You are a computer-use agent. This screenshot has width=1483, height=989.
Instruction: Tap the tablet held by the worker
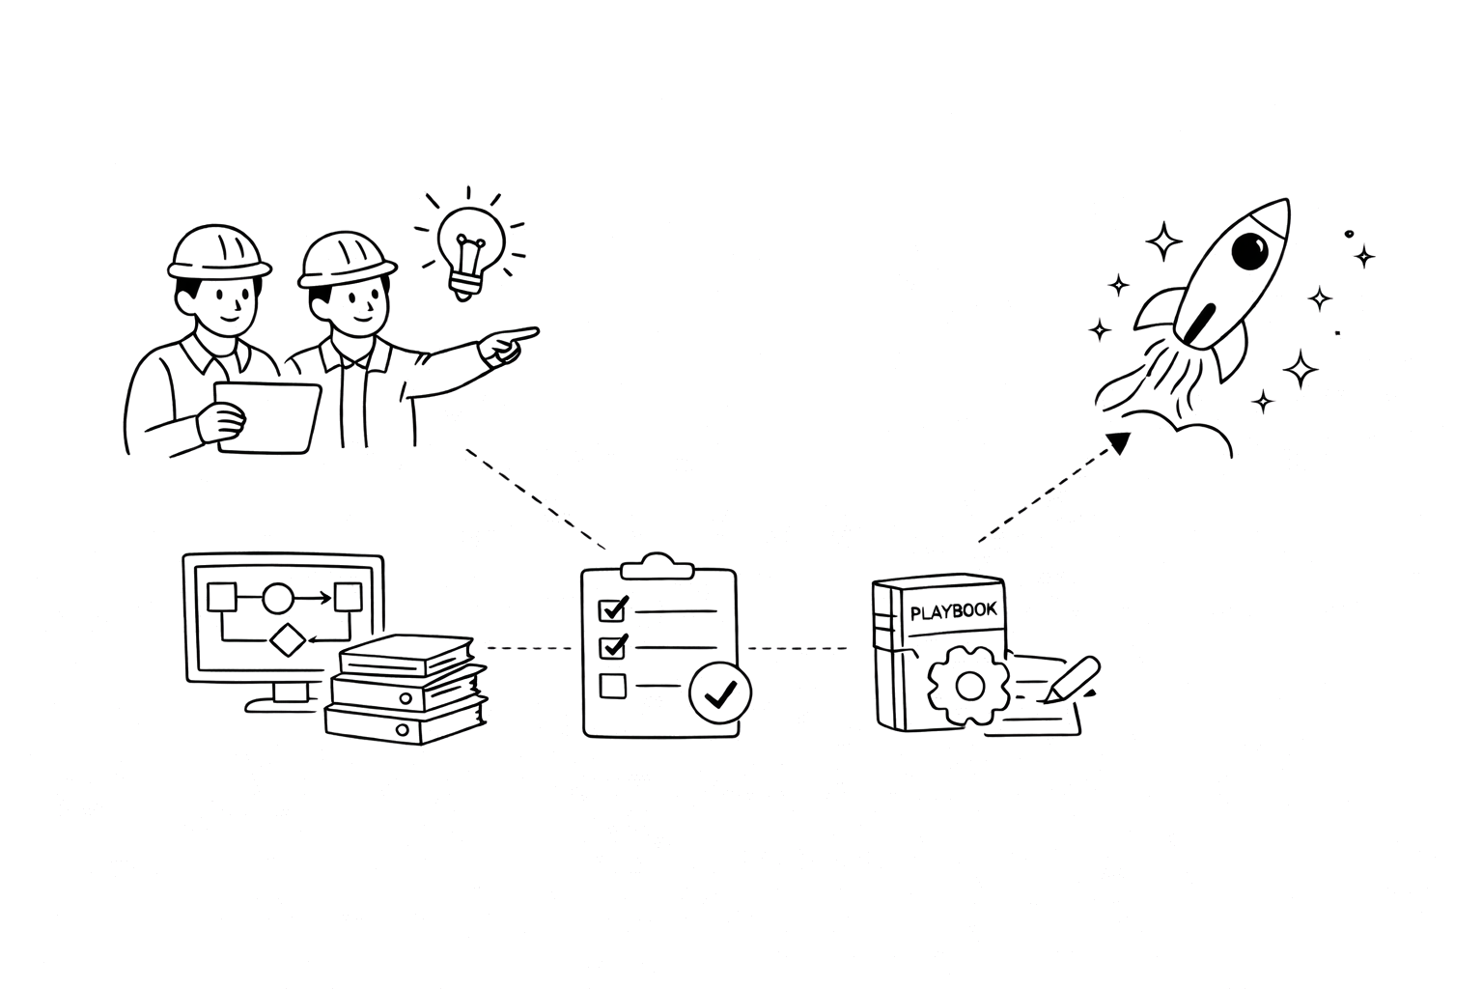tap(269, 416)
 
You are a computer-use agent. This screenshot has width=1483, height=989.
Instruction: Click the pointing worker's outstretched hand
tap(508, 343)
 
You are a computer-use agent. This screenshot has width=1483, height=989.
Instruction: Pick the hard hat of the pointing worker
tap(347, 259)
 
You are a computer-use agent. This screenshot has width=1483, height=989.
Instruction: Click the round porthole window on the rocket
tap(1253, 252)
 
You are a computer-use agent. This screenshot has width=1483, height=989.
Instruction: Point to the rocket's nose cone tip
tap(1284, 204)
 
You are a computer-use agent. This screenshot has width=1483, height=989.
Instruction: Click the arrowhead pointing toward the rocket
tap(1118, 442)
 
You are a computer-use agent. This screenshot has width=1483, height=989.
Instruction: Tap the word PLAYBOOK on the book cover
tap(953, 610)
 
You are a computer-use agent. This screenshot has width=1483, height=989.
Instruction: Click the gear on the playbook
tap(967, 686)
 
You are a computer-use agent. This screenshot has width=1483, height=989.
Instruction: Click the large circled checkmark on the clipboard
tap(719, 693)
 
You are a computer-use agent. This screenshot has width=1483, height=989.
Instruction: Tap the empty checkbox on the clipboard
tap(613, 686)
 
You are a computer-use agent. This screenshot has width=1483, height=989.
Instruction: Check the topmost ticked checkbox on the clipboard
tap(613, 609)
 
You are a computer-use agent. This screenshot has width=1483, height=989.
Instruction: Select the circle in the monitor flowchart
tap(277, 599)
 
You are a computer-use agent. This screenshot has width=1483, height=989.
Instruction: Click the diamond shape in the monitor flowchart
tap(287, 640)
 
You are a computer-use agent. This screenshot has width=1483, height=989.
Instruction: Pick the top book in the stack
tap(406, 657)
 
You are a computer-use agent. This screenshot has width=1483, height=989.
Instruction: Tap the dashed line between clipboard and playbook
tap(797, 648)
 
